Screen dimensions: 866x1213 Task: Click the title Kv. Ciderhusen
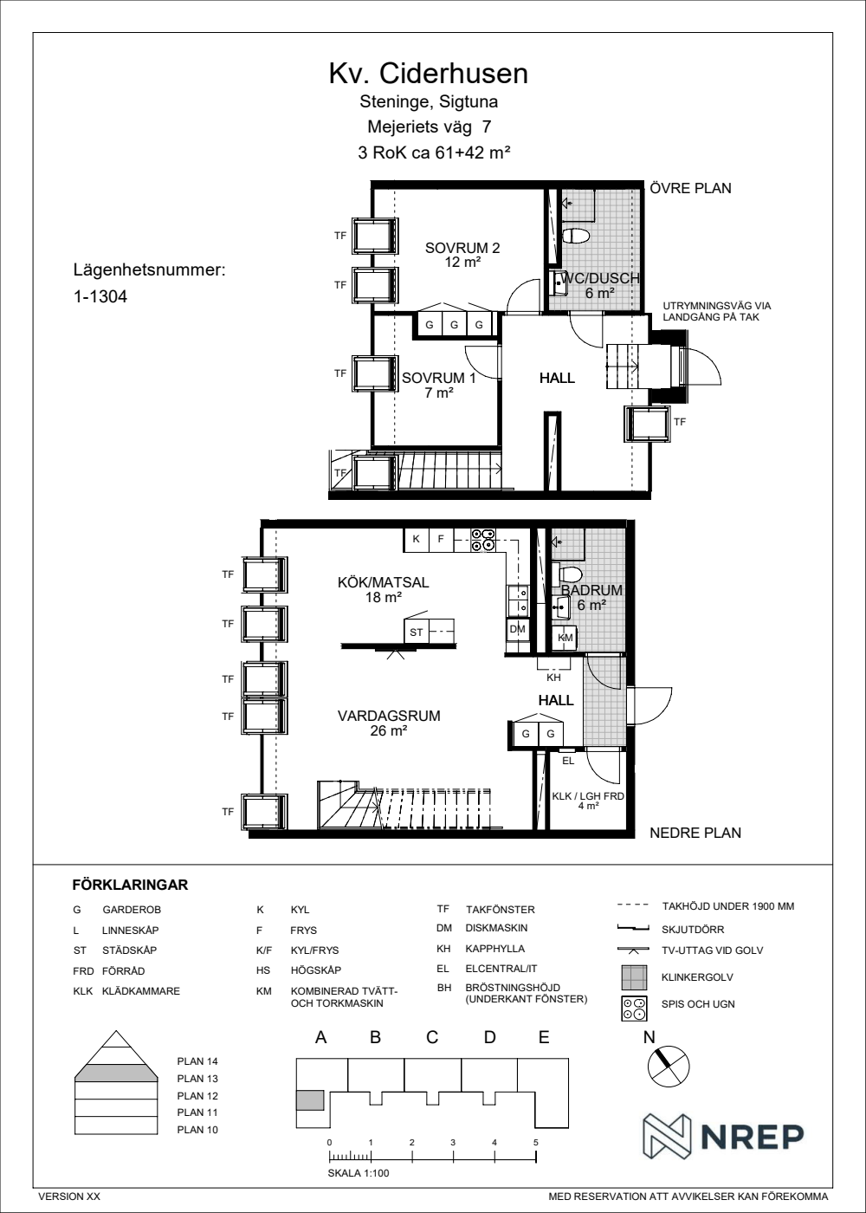[x=428, y=74]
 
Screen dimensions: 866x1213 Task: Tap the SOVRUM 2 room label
[x=462, y=248]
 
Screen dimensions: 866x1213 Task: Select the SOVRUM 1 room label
[x=439, y=378]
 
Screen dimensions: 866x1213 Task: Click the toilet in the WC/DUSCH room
[x=575, y=236]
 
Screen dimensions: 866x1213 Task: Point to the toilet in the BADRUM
[x=566, y=574]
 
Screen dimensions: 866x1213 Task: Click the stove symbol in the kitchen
[x=482, y=540]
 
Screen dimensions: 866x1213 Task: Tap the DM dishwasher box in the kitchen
[x=518, y=629]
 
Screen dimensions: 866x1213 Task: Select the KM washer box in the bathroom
[x=565, y=638]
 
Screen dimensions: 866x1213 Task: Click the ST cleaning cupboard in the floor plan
[x=417, y=632]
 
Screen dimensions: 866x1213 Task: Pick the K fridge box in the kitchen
[x=417, y=539]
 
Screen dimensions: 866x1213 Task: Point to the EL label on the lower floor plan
[x=568, y=761]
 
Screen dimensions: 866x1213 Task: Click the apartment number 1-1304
[x=100, y=296]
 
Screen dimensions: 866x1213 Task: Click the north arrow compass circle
[x=669, y=1067]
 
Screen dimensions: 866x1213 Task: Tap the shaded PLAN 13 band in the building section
[x=116, y=1073]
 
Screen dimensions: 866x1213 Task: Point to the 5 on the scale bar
[x=535, y=1143]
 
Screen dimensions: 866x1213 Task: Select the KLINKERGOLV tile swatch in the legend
[x=634, y=977]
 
